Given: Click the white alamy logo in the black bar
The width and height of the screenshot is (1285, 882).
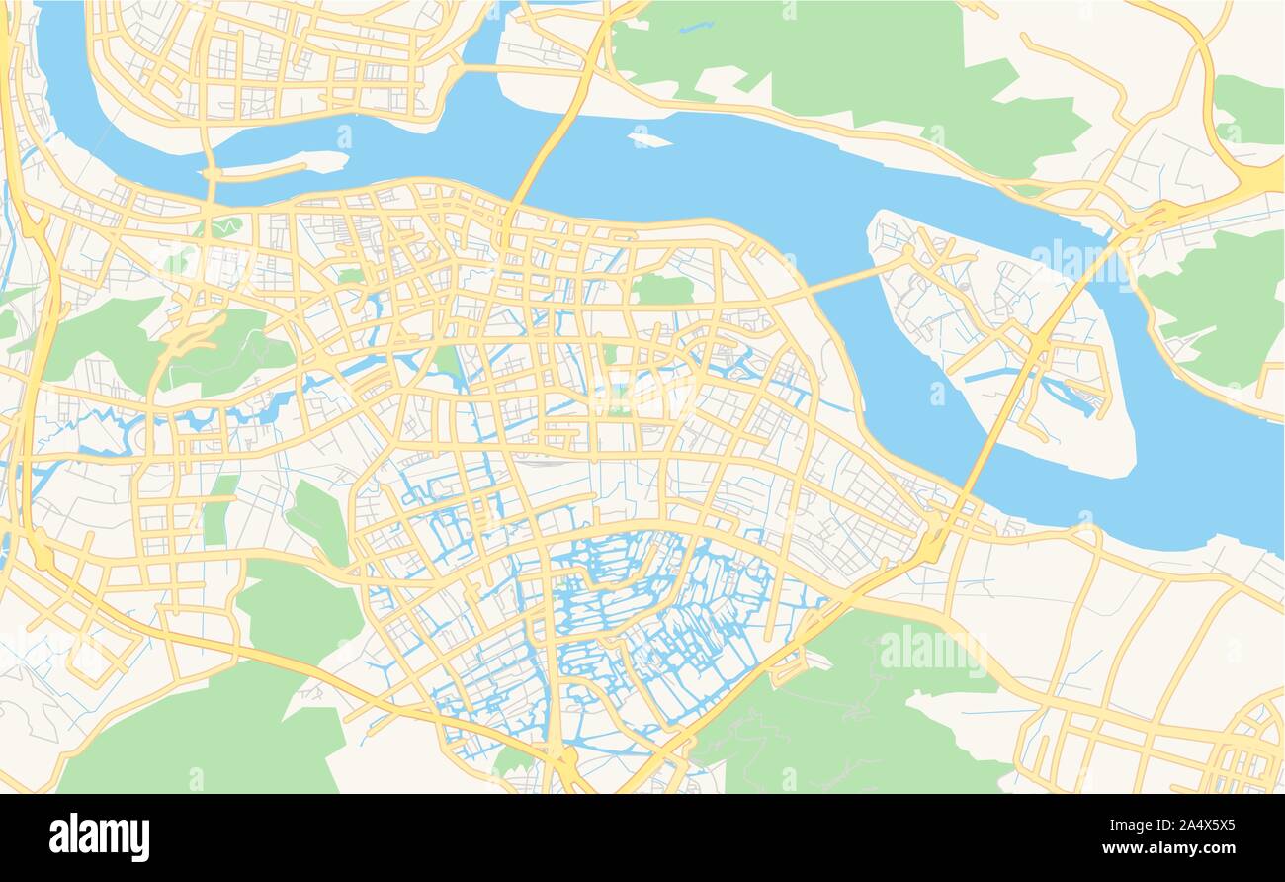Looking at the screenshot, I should coord(99,837).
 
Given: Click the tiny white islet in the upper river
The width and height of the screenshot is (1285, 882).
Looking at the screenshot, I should coord(648,138).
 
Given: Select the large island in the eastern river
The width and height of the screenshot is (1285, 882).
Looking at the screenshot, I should coord(998,336).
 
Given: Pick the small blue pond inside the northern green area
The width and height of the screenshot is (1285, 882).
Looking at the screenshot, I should coord(696,27).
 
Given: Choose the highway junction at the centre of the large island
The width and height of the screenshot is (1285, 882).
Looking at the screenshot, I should coord(1038,341).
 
